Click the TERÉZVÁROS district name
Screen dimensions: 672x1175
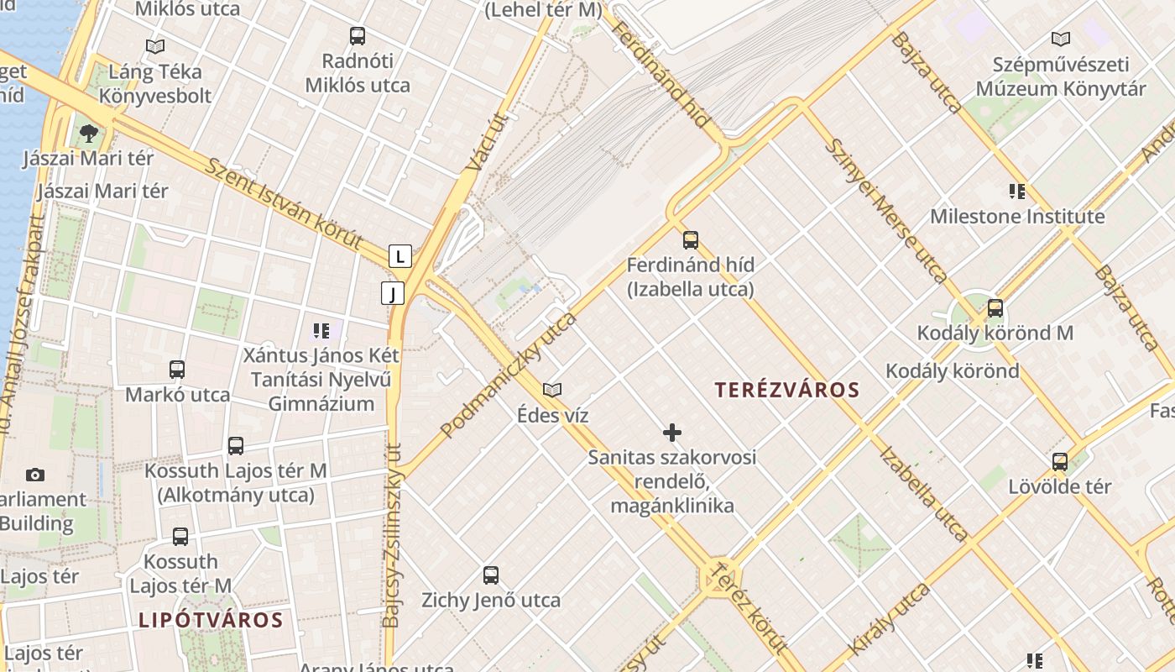click(x=787, y=390)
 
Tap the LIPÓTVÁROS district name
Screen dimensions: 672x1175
click(x=211, y=621)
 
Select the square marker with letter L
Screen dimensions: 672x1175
click(x=400, y=255)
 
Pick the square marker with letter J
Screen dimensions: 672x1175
click(x=393, y=293)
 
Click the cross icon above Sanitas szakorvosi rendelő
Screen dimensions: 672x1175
click(x=672, y=433)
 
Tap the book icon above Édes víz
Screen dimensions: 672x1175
click(x=552, y=390)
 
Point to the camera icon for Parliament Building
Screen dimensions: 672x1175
click(x=35, y=475)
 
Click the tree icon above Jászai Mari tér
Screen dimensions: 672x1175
click(x=88, y=133)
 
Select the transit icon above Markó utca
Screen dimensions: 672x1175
click(x=177, y=369)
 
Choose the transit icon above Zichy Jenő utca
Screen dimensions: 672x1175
click(x=491, y=575)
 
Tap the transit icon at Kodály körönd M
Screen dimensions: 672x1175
click(x=995, y=308)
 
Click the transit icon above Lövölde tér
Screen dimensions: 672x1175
click(x=1060, y=461)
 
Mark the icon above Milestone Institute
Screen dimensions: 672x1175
click(x=1017, y=191)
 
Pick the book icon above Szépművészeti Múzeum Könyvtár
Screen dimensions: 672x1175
click(x=1061, y=39)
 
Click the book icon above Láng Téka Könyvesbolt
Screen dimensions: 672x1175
click(x=155, y=46)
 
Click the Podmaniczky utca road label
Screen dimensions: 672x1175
click(x=509, y=374)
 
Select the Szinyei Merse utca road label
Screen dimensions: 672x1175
click(x=886, y=210)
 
